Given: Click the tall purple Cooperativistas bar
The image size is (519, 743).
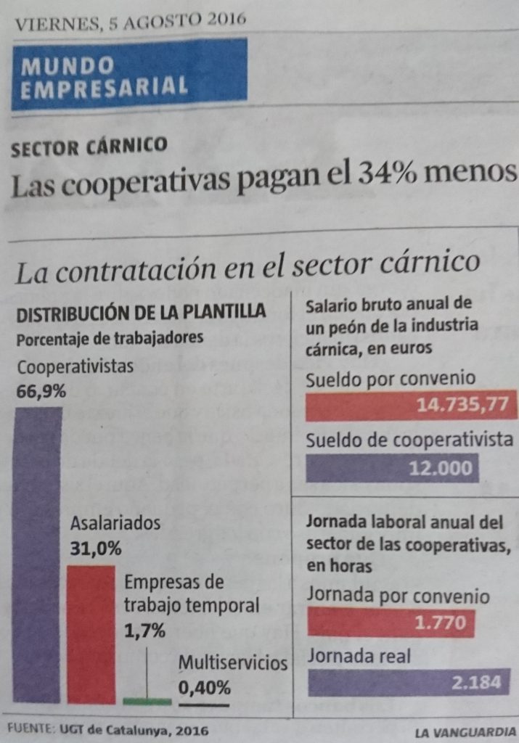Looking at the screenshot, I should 38,555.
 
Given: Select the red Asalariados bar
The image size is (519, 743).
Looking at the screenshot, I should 91,633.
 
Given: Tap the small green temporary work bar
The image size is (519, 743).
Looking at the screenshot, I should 147,701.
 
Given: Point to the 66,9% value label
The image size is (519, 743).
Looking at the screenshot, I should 41,392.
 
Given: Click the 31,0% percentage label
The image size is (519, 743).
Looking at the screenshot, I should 96,549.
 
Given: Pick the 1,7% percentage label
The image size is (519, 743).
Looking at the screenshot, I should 145,631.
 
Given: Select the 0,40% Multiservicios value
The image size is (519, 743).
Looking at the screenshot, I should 205,686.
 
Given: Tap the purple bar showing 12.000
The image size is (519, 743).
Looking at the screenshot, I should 393,468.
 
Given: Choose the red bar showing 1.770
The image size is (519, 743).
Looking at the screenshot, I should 391,623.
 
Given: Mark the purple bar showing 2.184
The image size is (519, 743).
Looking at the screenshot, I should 409,683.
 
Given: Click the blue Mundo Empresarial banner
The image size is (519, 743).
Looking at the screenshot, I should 129,74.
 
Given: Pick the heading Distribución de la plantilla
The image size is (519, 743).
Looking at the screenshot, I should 142,313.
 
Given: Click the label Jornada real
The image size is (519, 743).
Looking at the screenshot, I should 359,657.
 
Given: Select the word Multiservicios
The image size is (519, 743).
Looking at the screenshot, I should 233,662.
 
